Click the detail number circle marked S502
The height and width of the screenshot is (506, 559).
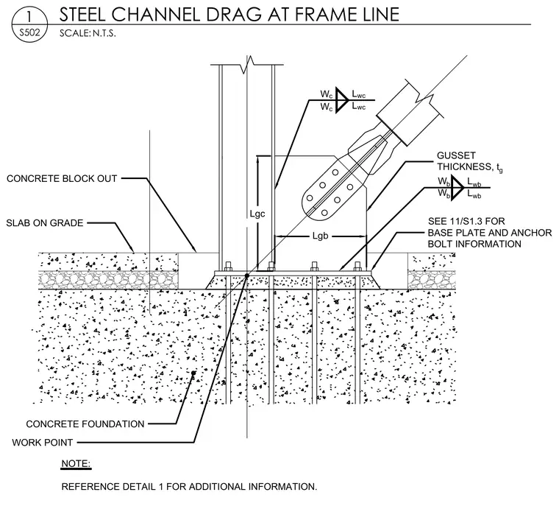tap(29, 24)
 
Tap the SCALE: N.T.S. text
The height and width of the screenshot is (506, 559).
tap(88, 33)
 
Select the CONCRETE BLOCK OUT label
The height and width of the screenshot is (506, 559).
tap(62, 178)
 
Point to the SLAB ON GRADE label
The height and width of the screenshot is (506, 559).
tap(45, 223)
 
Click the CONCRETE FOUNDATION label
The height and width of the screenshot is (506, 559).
tap(85, 424)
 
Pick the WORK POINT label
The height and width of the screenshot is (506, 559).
tap(43, 443)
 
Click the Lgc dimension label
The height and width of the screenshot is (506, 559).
tap(257, 214)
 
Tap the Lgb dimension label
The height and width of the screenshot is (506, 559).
tap(320, 236)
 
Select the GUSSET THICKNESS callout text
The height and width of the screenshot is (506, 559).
tap(470, 161)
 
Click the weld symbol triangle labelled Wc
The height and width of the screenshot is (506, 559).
tap(341, 100)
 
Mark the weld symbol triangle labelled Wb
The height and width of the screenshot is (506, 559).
tap(457, 188)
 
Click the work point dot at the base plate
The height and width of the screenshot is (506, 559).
tap(246, 275)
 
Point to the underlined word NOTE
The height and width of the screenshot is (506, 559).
tap(76, 464)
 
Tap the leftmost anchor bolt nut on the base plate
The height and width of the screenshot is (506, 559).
tap(228, 267)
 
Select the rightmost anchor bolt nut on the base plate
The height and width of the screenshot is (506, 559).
tap(357, 267)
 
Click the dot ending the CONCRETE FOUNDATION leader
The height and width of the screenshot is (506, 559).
tap(193, 373)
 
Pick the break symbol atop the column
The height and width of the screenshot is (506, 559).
tap(249, 64)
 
